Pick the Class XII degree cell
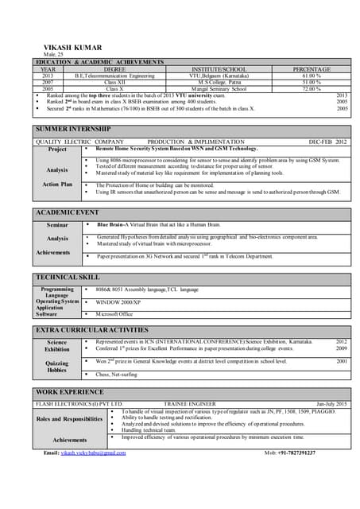pyautogui.click(x=114, y=83)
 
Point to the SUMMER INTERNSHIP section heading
pyautogui.click(x=73, y=129)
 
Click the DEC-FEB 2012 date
pyautogui.click(x=327, y=142)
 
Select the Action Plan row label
pyautogui.click(x=57, y=185)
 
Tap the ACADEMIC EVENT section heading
pyautogui.click(x=68, y=212)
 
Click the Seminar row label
pyautogui.click(x=57, y=225)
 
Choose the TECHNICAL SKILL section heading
pyautogui.click(x=68, y=277)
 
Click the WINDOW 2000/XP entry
pyautogui.click(x=118, y=302)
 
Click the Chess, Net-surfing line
pyautogui.click(x=119, y=374)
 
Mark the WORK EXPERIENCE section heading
pyautogui.click(x=69, y=393)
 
